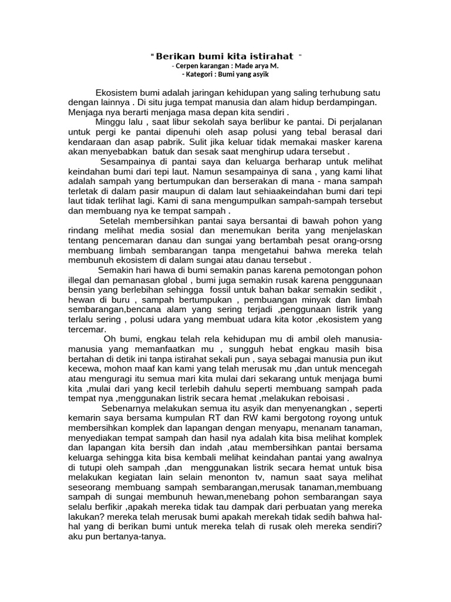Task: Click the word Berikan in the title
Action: tap(175, 56)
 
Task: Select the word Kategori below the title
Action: tap(204, 75)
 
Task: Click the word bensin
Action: tap(82, 290)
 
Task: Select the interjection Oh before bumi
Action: tap(110, 339)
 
